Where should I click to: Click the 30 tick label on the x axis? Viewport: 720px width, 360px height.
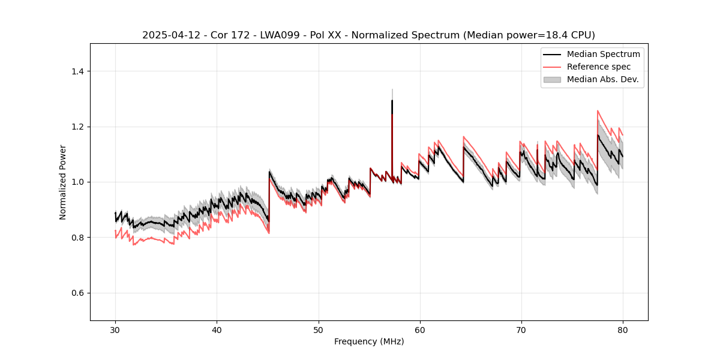point(115,330)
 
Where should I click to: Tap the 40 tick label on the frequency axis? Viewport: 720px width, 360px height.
point(217,330)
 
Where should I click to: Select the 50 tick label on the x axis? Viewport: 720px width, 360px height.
point(318,330)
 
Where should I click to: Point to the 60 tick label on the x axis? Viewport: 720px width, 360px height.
point(419,330)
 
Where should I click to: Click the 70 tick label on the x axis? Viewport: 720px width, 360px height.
point(521,330)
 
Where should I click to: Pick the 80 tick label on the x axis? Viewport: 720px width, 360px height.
point(623,330)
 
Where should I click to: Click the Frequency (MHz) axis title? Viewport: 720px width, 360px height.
point(369,342)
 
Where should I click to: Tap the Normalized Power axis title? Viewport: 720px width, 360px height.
point(63,182)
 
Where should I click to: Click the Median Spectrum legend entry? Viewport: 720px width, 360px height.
point(603,54)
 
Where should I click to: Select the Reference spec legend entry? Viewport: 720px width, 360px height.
point(598,67)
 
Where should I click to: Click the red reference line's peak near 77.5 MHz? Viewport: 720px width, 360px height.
point(598,110)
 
